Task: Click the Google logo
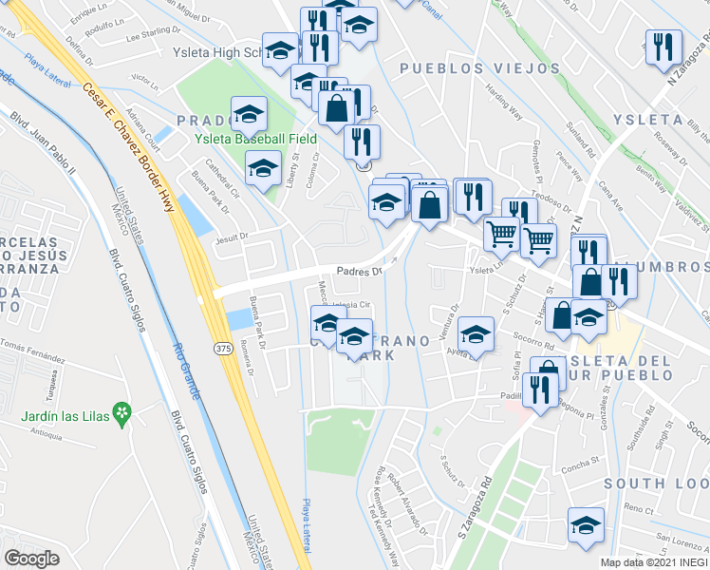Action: pyautogui.click(x=31, y=559)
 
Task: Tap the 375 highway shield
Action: pyautogui.click(x=221, y=348)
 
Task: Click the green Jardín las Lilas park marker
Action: pyautogui.click(x=121, y=412)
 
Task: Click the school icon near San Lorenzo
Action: pyautogui.click(x=586, y=524)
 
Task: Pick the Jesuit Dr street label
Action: pyautogui.click(x=231, y=237)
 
